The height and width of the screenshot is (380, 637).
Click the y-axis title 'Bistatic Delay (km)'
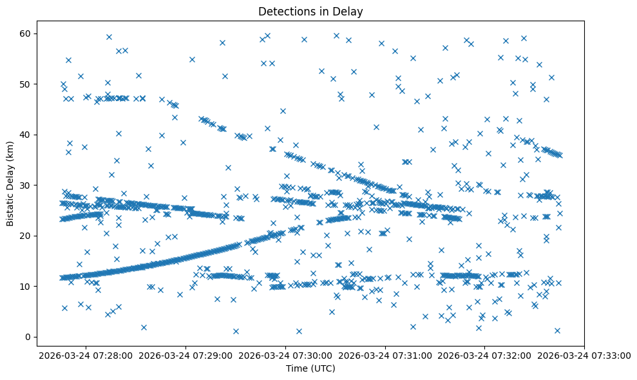[10, 183]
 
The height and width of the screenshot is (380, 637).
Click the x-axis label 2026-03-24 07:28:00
[86, 355]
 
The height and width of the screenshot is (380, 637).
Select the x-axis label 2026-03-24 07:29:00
[185, 355]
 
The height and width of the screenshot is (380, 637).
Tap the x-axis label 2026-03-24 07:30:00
[285, 355]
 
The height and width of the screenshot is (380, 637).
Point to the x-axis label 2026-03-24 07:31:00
[385, 355]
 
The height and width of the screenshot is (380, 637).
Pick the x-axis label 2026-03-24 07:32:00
[485, 355]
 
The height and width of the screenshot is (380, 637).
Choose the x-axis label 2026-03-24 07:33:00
[585, 355]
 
